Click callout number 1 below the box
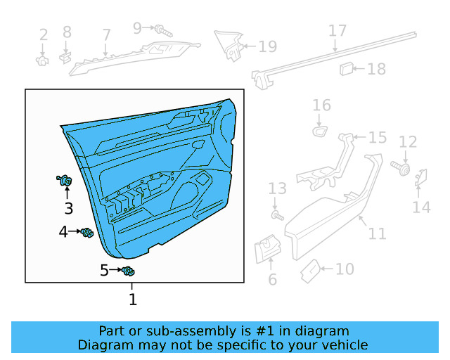[x=132, y=300]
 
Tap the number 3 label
[x=68, y=208]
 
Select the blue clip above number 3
[x=65, y=182]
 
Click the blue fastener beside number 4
[x=87, y=233]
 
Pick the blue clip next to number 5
[x=128, y=271]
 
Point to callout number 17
[x=337, y=31]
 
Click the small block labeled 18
[x=347, y=68]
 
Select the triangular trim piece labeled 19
[x=230, y=44]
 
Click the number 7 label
[x=106, y=34]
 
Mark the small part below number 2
[x=42, y=60]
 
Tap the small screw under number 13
[x=276, y=214]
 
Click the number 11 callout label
[x=378, y=233]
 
